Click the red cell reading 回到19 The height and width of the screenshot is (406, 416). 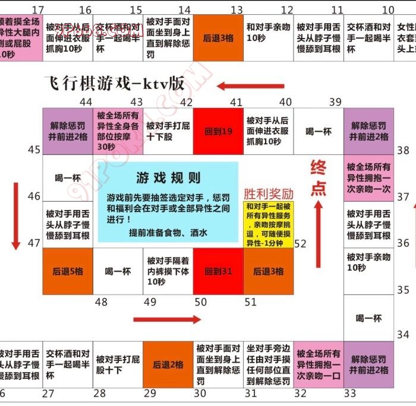pos(218,131)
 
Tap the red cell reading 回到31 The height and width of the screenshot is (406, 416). pos(218,271)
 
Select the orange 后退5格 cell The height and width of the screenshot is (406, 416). pos(67,271)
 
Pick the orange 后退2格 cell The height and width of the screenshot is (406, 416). pos(168,364)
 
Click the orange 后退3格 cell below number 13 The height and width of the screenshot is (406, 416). pos(218,37)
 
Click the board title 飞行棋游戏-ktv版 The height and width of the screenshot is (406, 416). pos(114,83)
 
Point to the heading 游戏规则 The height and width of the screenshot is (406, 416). pos(168,178)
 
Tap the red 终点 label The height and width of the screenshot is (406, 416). pos(319,178)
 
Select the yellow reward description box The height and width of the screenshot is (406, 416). pos(269,225)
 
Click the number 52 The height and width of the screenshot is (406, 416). pos(300,243)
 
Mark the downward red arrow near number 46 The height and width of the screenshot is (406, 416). pos(16,215)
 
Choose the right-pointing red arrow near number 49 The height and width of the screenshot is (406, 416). pos(168,320)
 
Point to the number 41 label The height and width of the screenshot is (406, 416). pos(237,101)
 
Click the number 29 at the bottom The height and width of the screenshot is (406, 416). pos(150,393)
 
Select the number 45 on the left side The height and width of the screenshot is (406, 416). pos(34,150)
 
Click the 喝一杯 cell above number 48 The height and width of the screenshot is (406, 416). pos(118,271)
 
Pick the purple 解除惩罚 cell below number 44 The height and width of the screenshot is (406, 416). pos(67,131)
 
